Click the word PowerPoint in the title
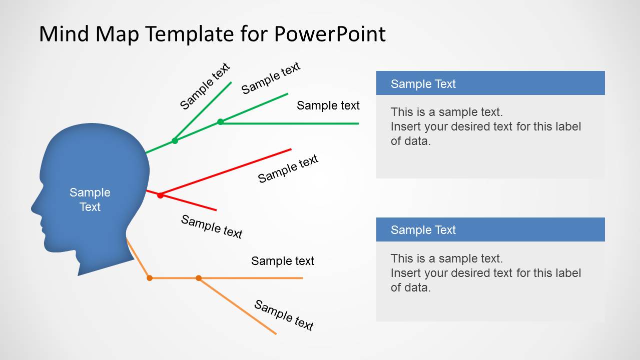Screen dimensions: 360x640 (x=330, y=34)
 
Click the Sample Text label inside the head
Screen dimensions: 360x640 (x=90, y=199)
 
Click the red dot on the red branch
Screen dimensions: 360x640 (x=160, y=195)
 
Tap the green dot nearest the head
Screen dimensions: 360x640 (x=175, y=140)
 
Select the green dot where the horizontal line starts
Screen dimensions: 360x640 (x=220, y=121)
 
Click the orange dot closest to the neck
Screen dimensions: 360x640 (x=149, y=277)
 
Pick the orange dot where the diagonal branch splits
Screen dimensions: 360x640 (x=199, y=277)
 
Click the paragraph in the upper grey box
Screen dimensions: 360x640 (x=485, y=126)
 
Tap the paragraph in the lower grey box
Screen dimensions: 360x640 (x=485, y=273)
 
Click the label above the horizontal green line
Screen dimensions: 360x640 (x=328, y=105)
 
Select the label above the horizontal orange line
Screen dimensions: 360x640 (x=282, y=261)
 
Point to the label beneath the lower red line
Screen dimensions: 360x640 (x=211, y=226)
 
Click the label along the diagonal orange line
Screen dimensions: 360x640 (x=284, y=315)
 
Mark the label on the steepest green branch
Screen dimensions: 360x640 (x=204, y=86)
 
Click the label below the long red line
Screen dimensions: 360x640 (x=288, y=168)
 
